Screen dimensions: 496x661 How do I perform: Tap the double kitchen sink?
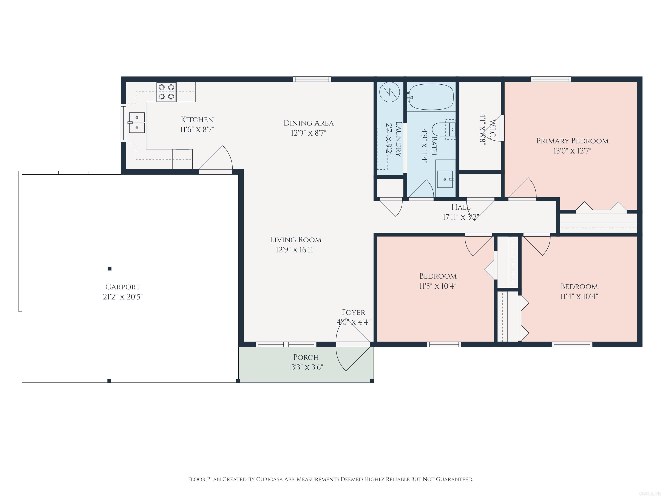tap(137, 122)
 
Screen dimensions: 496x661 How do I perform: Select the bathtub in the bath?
tap(431, 97)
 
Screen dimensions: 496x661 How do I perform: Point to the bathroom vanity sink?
tap(445, 179)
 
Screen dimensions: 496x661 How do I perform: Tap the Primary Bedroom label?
tap(572, 141)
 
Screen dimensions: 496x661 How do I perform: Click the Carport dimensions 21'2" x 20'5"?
tap(123, 297)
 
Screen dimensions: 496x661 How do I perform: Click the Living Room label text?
tap(296, 240)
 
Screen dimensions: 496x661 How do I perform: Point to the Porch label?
tap(306, 357)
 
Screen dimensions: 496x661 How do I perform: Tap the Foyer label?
tap(354, 312)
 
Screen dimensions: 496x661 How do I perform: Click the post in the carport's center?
tap(110, 268)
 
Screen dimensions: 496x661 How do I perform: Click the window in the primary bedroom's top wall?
tap(551, 79)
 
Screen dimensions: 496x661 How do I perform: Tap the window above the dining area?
tap(312, 79)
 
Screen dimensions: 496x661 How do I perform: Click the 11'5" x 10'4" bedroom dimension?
tap(438, 286)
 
